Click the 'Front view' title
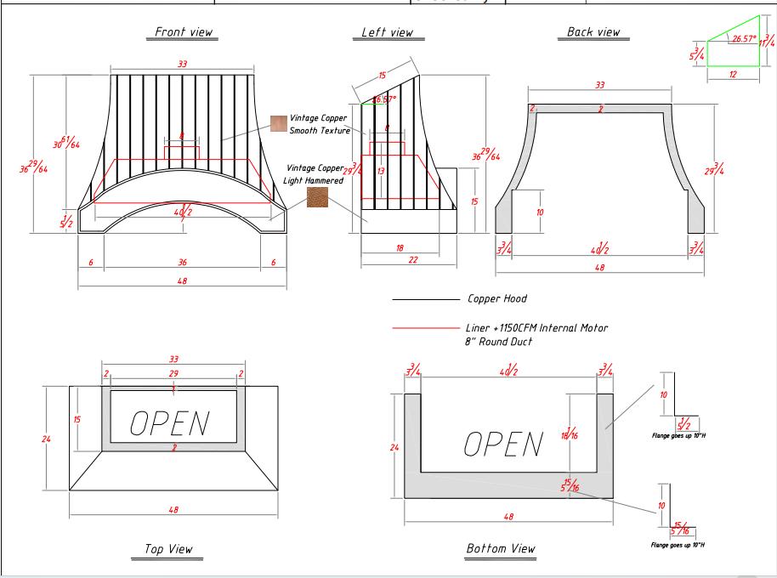184,32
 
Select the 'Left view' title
387,32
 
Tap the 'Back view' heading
593,32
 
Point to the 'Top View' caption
168,549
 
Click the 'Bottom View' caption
501,548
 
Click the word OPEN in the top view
170,422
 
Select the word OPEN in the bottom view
503,443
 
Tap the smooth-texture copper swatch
279,124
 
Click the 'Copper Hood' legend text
497,299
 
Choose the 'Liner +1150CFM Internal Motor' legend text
537,328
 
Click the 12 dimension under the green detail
732,75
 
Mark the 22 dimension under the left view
413,260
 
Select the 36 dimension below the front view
181,263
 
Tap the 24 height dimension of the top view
47,439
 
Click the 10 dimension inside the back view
539,212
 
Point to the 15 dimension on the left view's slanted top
382,76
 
